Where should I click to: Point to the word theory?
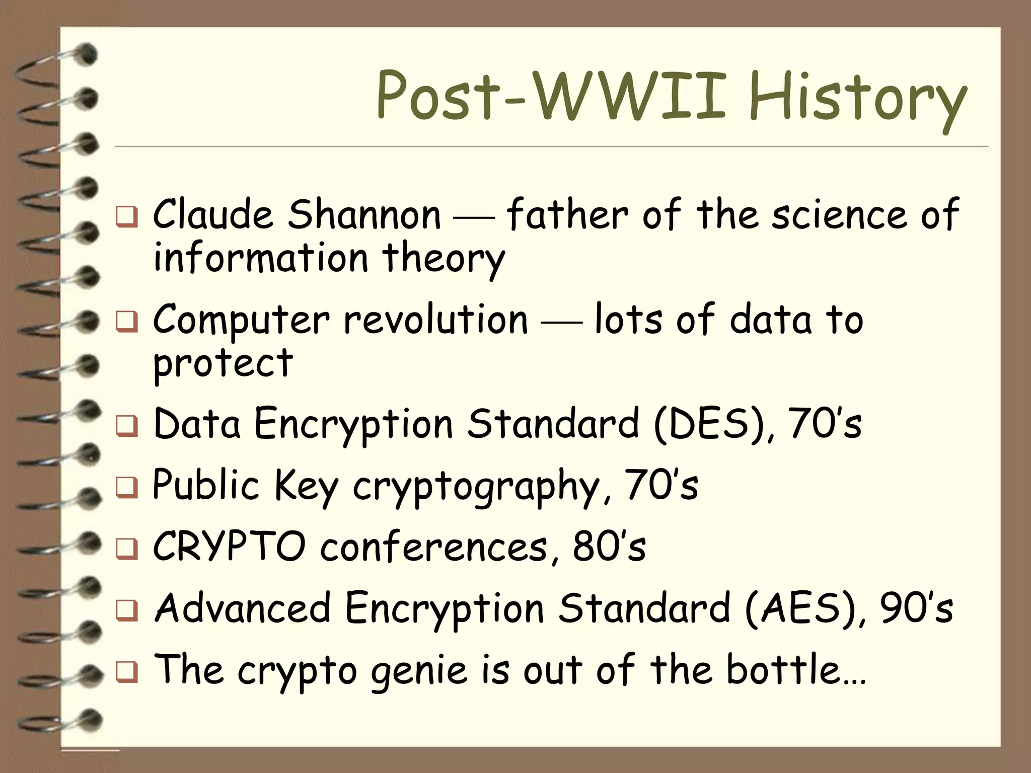[444, 259]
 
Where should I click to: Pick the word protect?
[223, 363]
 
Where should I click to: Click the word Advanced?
[242, 608]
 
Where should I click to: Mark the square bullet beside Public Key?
[126, 488]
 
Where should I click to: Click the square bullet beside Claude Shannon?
[126, 218]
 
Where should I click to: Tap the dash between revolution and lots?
[561, 323]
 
